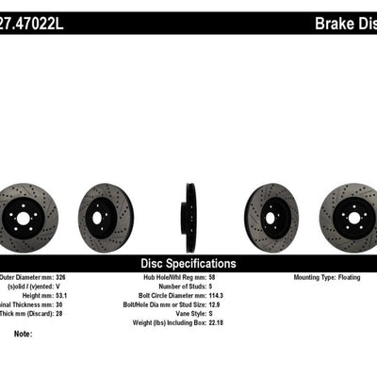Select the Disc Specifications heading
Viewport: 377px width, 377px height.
(x=188, y=264)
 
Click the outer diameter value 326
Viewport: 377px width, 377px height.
(x=66, y=280)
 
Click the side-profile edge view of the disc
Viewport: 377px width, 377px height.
(x=190, y=218)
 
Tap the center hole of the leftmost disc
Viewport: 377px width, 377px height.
(x=23, y=218)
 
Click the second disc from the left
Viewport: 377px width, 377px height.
(x=106, y=218)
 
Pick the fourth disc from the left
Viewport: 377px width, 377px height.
(x=271, y=218)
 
